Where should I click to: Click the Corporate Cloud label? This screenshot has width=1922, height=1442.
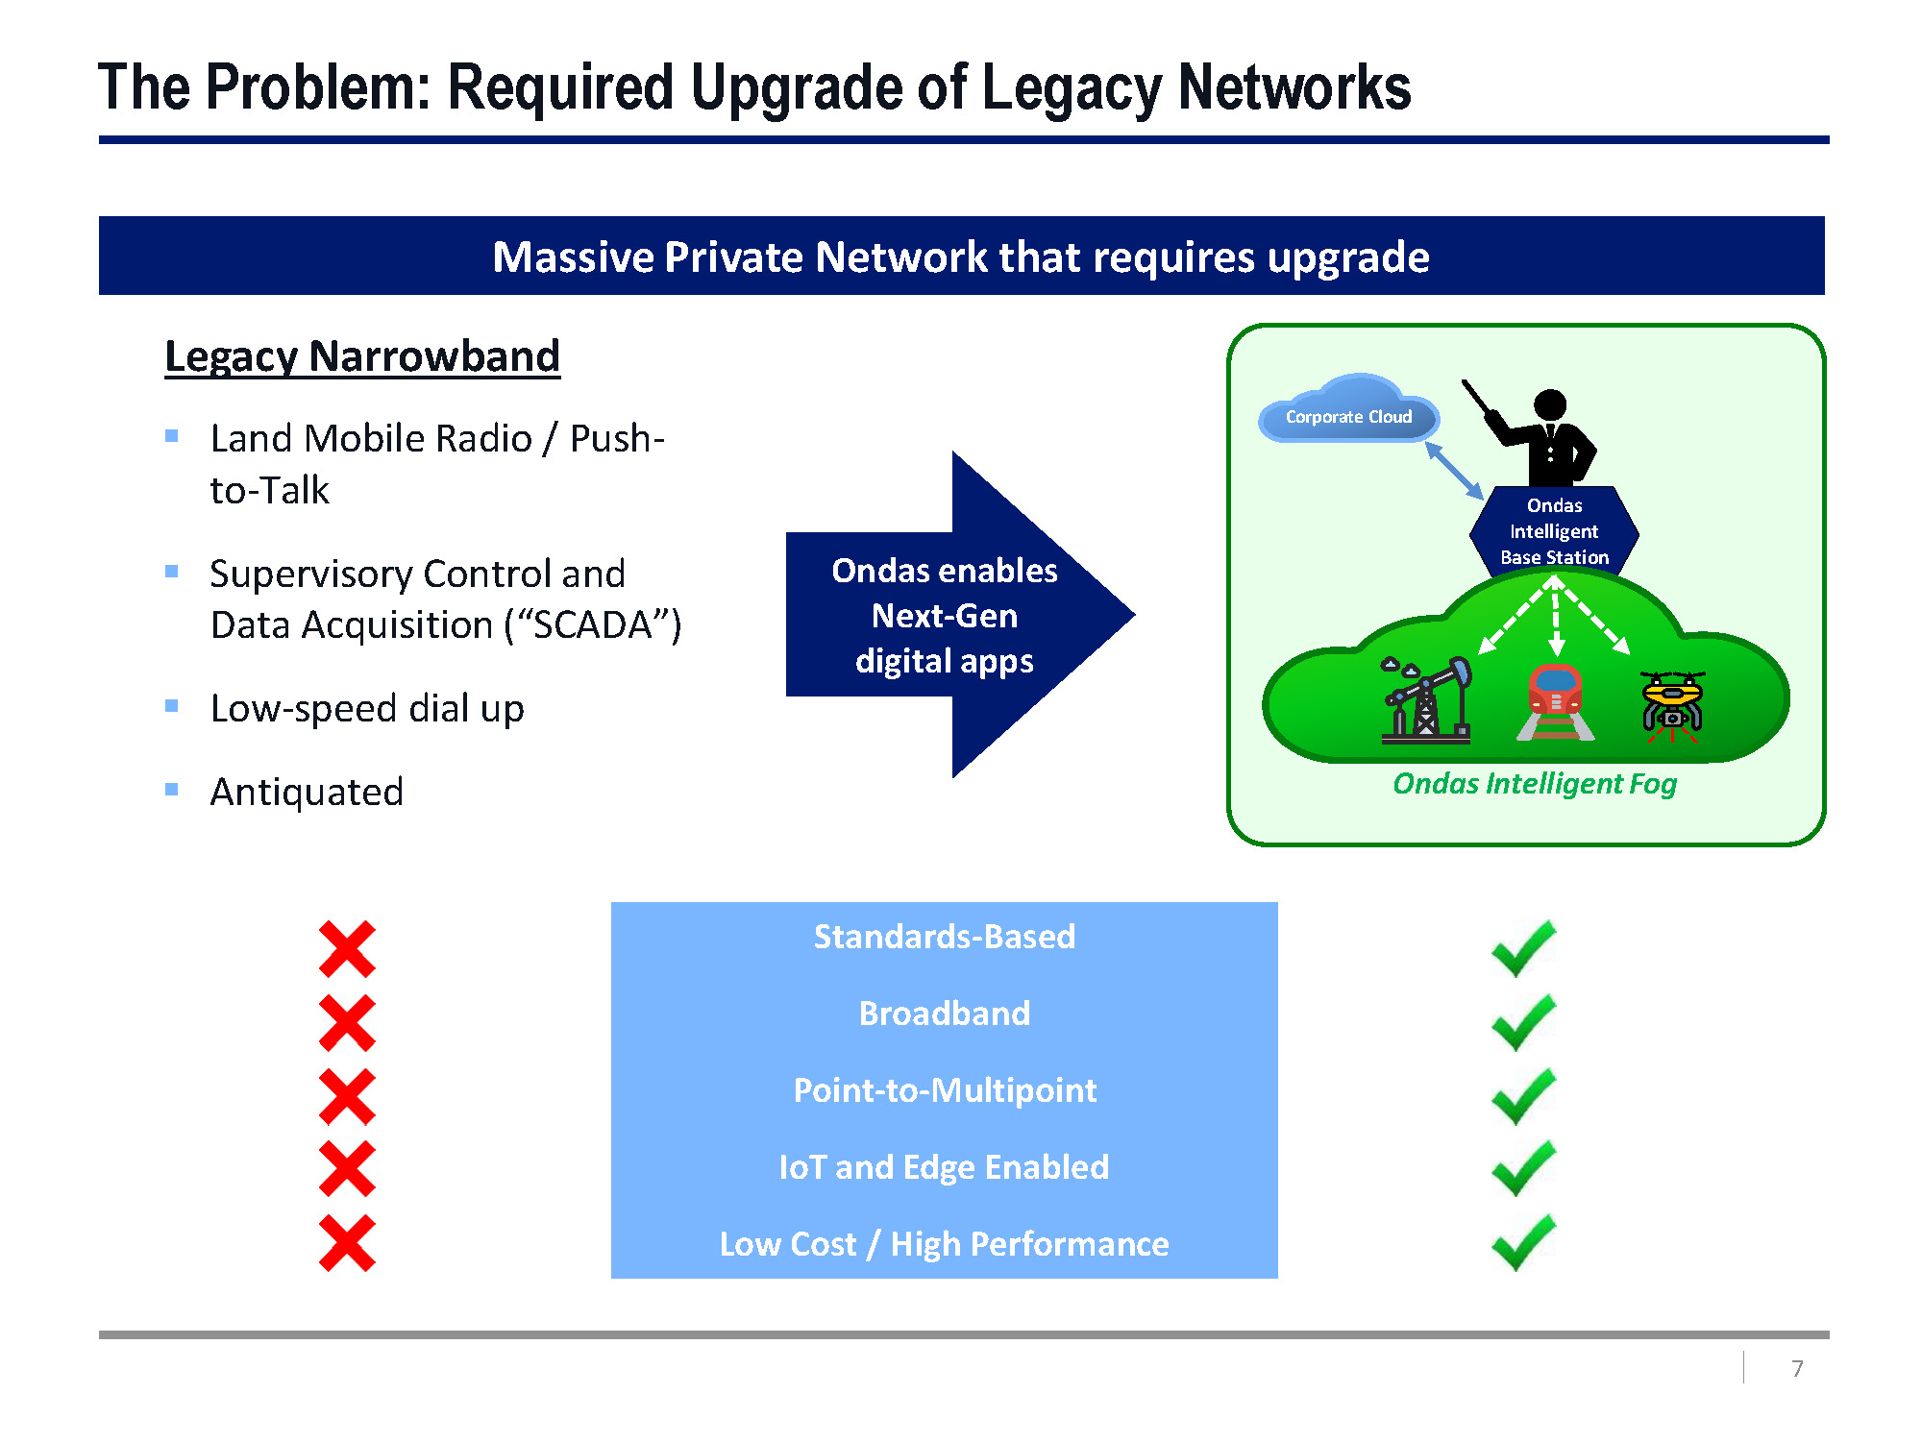1348,417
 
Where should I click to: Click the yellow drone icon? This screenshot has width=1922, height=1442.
1672,706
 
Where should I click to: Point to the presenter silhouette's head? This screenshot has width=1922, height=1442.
1550,405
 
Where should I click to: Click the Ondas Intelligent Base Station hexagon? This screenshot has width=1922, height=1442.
1554,531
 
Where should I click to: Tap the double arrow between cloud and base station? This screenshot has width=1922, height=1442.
1454,471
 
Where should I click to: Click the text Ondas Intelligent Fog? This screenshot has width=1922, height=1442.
1535,784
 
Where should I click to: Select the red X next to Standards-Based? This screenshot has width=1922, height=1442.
347,949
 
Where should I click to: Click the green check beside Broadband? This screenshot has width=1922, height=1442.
1523,1022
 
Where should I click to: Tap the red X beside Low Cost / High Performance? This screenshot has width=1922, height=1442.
347,1243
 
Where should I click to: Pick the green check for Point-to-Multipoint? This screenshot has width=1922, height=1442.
1523,1096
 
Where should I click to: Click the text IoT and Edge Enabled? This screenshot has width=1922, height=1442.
944,1167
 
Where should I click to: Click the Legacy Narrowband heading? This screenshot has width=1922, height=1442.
362,356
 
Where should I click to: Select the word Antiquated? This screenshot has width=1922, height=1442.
307,793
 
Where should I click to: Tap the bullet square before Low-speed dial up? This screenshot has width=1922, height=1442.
172,706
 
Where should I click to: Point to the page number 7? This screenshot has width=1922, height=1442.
1797,1368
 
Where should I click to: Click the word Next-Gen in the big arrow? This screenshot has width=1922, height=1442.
944,616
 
